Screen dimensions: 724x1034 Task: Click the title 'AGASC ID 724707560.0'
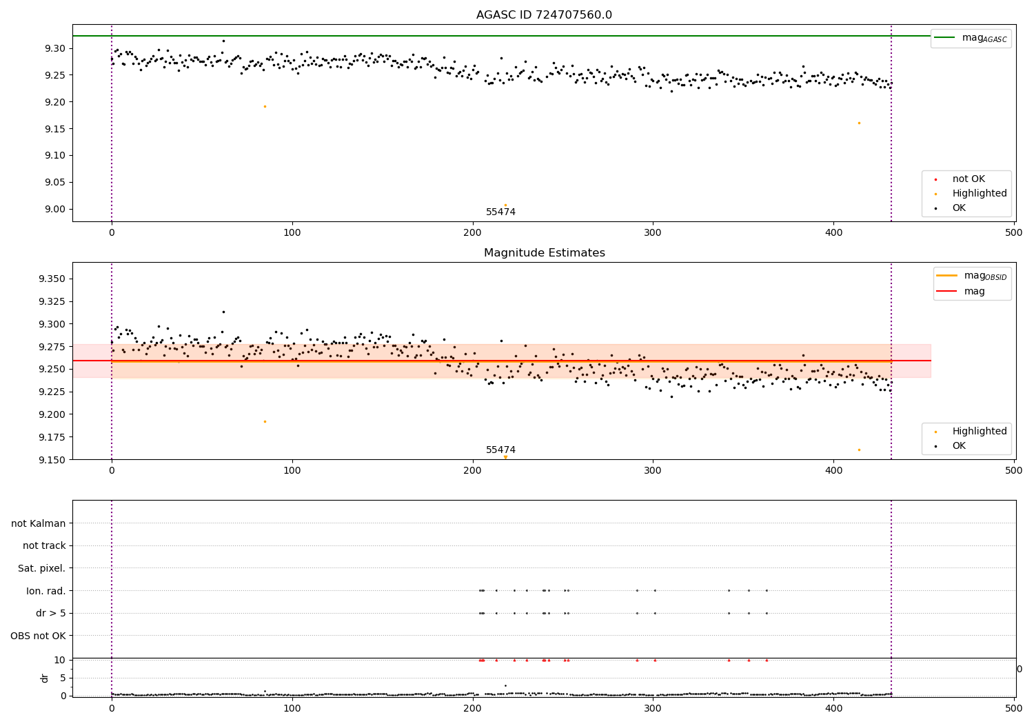point(544,15)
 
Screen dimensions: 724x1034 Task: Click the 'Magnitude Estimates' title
point(544,253)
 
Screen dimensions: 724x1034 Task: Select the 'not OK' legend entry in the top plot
point(969,179)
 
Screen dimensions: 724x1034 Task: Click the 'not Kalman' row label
point(39,523)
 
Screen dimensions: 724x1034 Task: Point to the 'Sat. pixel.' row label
point(41,568)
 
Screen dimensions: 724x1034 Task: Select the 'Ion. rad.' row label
point(45,591)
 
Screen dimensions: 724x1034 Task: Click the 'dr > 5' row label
point(50,613)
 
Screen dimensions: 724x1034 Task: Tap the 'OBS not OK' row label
point(38,636)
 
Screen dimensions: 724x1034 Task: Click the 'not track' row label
point(44,545)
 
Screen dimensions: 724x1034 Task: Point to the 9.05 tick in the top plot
point(54,183)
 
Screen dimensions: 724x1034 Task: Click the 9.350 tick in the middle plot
point(52,279)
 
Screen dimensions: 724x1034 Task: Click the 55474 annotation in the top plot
point(500,212)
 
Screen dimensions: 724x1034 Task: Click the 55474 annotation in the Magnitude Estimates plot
point(500,450)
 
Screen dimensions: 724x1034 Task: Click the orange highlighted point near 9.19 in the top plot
point(265,106)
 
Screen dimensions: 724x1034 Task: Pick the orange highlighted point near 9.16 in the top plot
point(859,123)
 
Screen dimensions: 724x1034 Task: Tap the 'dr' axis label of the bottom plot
point(45,678)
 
